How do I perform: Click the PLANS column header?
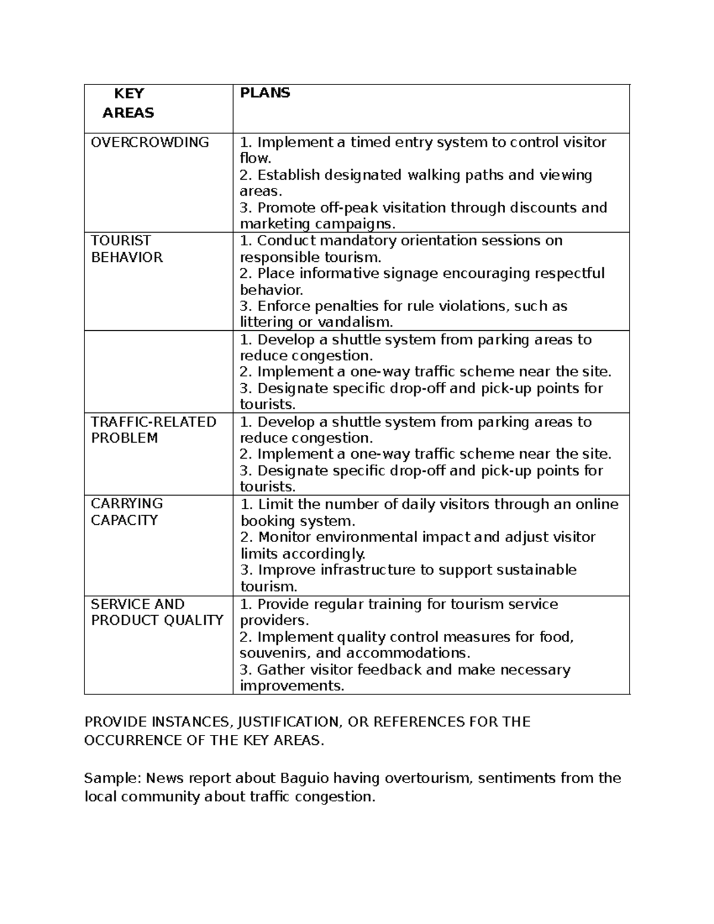[265, 93]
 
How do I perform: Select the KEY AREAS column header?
[128, 103]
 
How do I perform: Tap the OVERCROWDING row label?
[149, 142]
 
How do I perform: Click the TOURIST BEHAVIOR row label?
[126, 249]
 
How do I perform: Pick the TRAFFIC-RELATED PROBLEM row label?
[153, 430]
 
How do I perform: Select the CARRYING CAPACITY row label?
[126, 512]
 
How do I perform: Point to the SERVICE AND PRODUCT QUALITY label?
[156, 612]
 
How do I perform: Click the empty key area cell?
[158, 371]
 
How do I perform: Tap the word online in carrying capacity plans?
[597, 505]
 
